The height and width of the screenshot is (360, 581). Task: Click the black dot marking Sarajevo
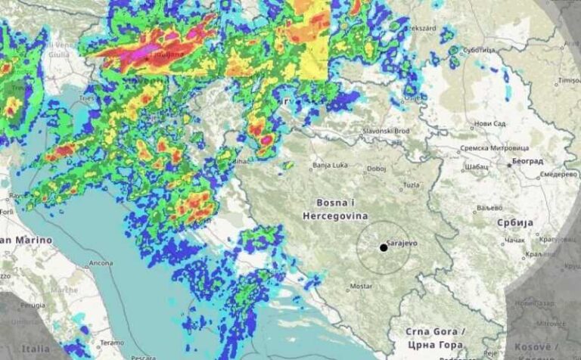point(384,248)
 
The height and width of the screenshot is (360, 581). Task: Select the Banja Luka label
point(331,165)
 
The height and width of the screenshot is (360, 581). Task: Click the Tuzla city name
point(412,185)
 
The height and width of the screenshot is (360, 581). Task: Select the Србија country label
point(514,222)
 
